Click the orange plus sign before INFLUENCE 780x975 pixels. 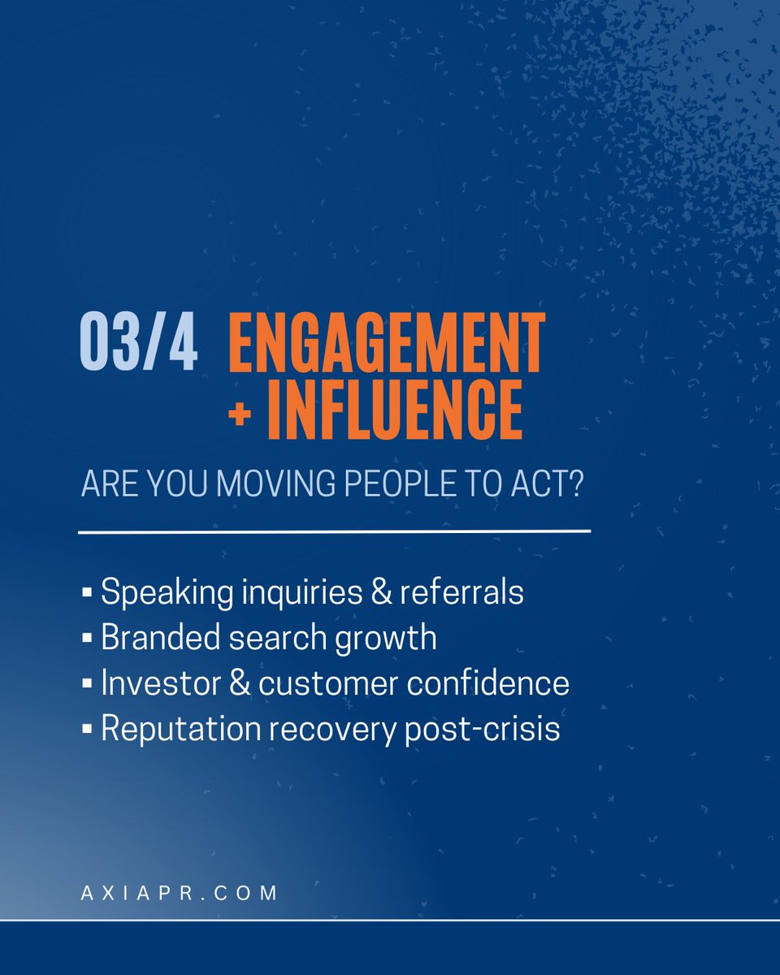[x=240, y=414]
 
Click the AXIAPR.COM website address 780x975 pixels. [x=180, y=892]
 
